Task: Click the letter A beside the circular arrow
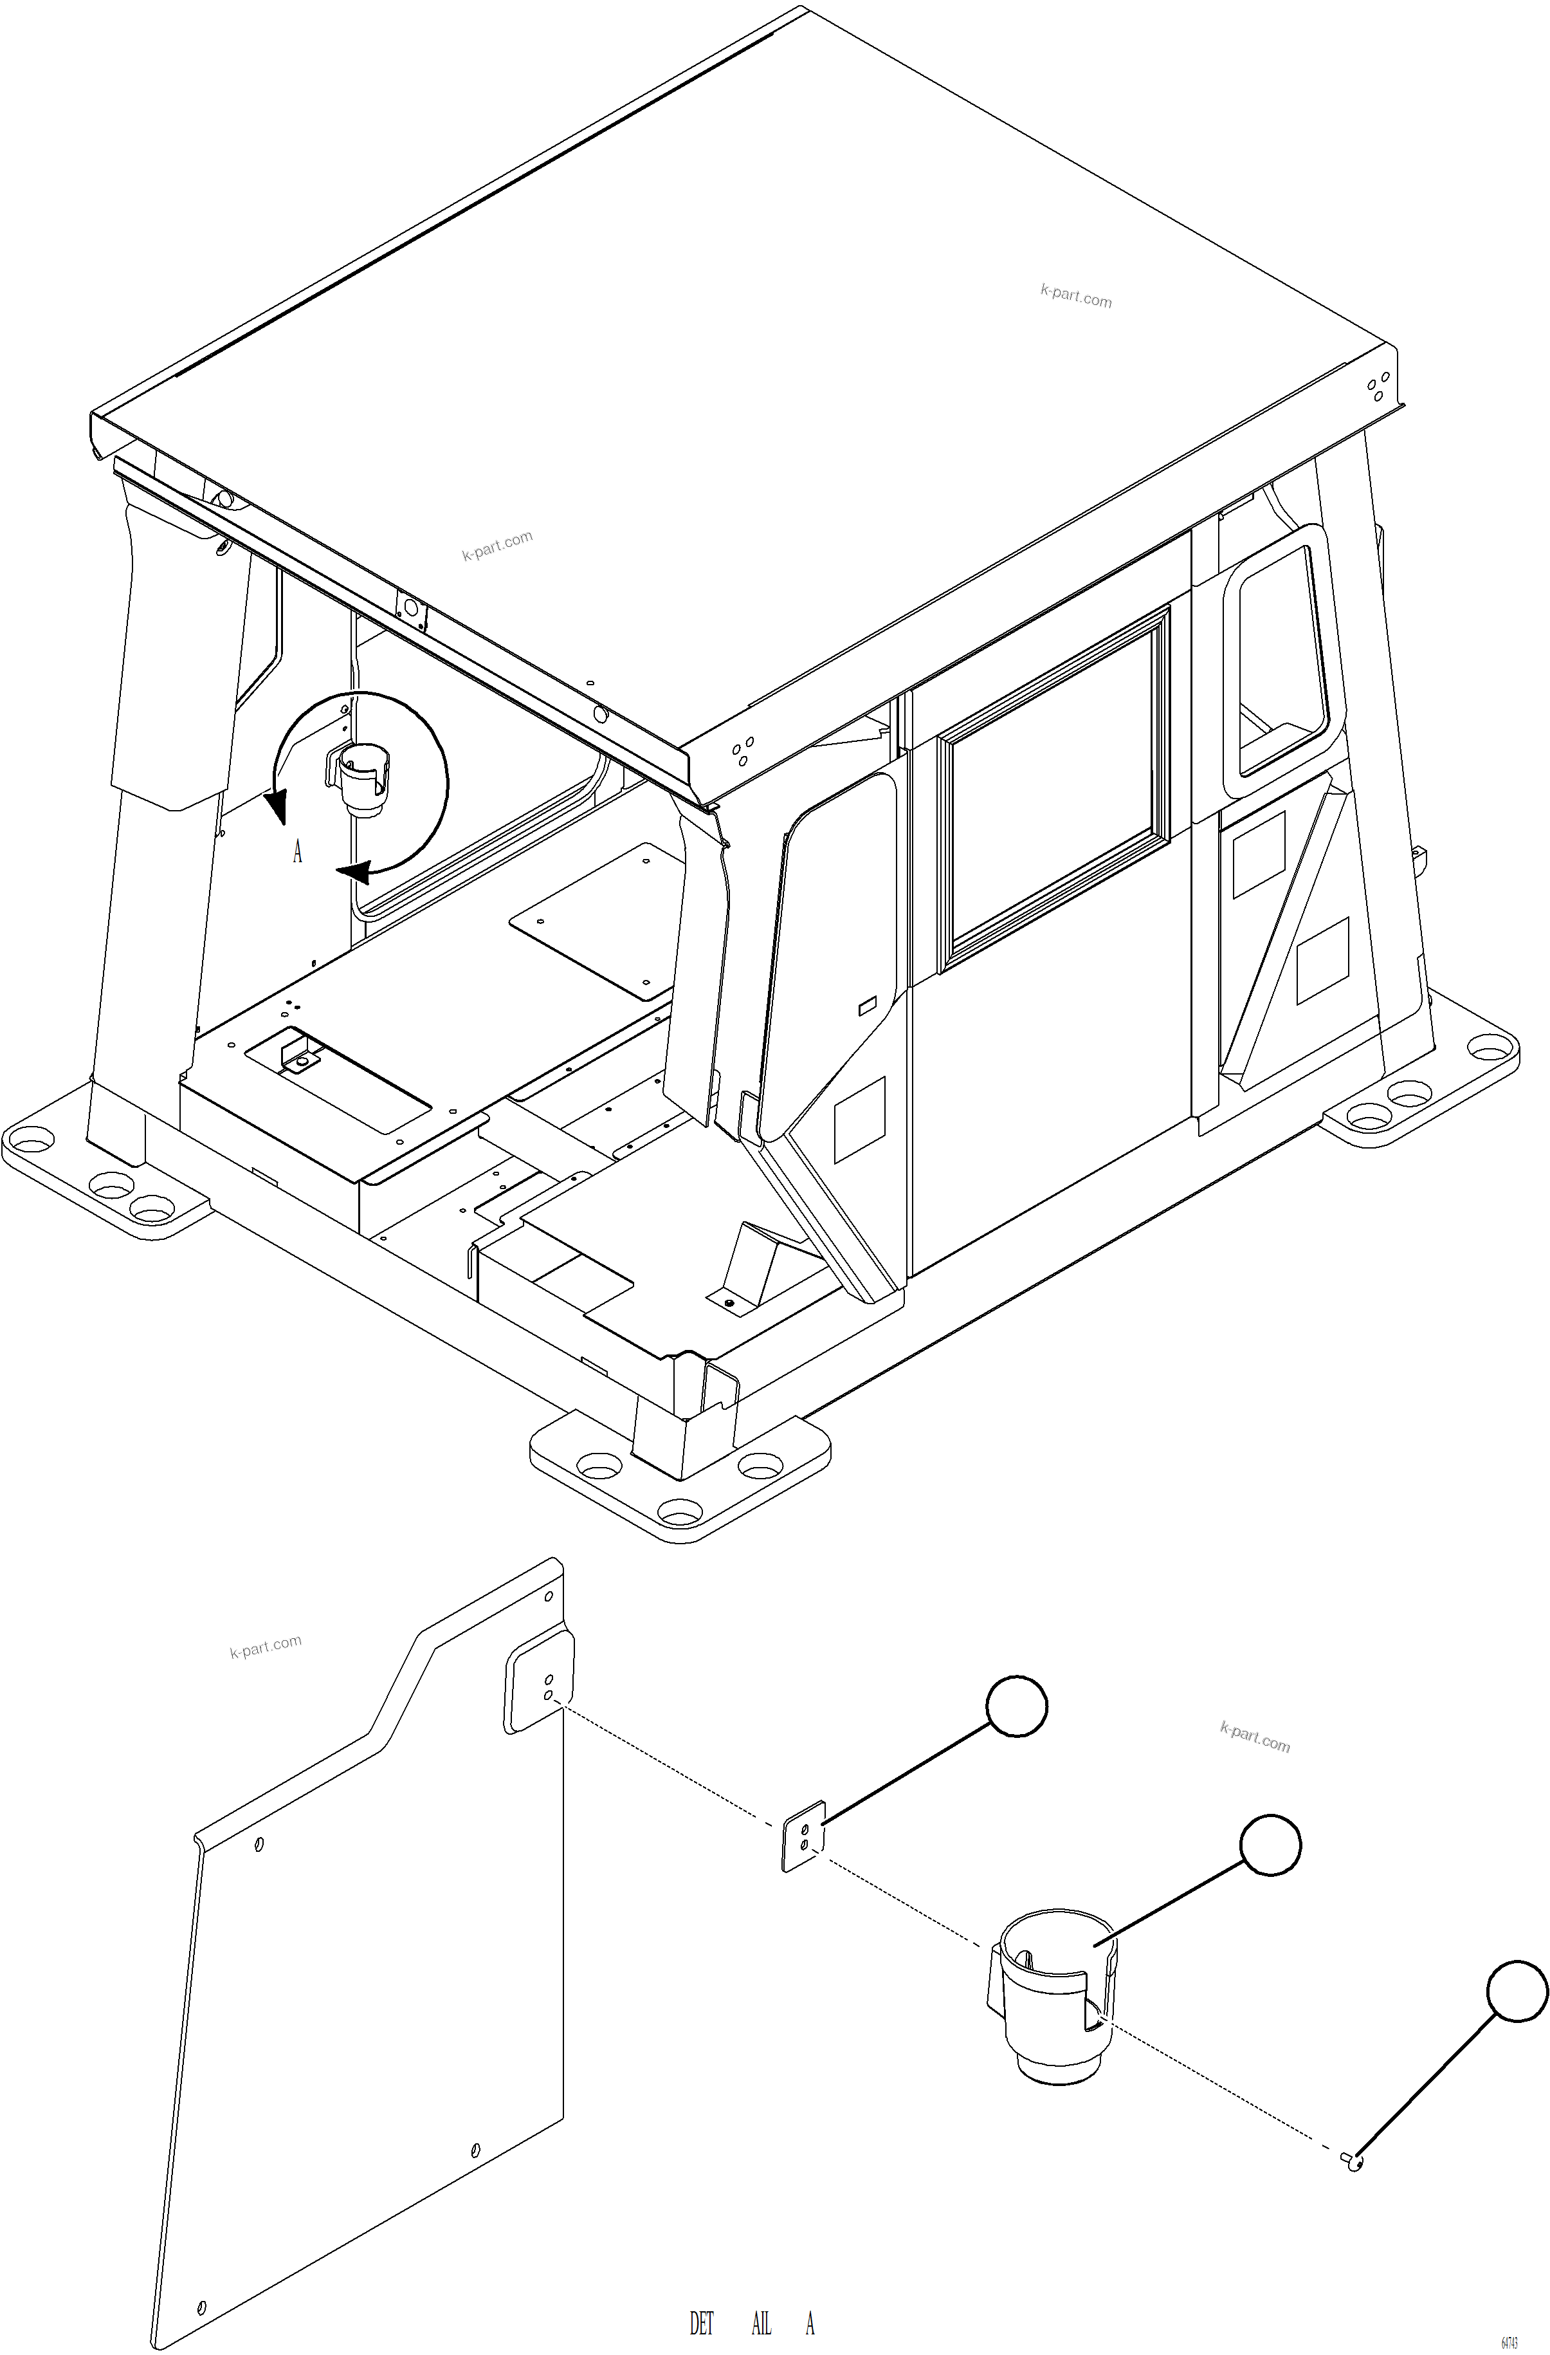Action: (296, 852)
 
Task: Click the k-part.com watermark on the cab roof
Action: (1075, 296)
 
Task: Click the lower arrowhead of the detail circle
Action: (354, 872)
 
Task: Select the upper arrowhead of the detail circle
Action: (277, 804)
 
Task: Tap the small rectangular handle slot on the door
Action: (866, 1006)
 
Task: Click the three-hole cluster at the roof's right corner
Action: (1378, 387)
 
